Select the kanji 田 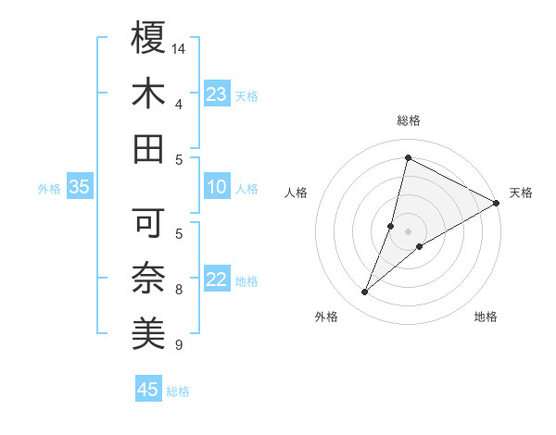click(x=148, y=148)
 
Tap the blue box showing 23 click(x=217, y=94)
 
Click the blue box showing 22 click(x=217, y=280)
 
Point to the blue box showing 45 click(x=148, y=390)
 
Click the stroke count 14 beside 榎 click(x=179, y=48)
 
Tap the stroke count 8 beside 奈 click(x=179, y=290)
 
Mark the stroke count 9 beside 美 click(x=179, y=345)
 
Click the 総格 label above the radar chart click(x=409, y=120)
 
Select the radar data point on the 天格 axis click(x=496, y=203)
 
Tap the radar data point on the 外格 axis click(x=364, y=292)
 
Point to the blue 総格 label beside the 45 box click(x=178, y=391)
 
